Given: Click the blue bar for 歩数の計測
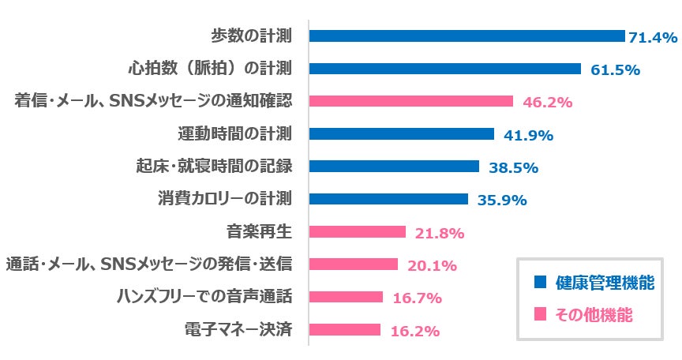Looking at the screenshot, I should point(467,36).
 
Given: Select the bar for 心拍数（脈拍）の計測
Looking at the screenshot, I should point(445,69).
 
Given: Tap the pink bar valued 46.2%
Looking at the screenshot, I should point(411,101).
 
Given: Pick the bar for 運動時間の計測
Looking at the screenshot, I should point(402,134).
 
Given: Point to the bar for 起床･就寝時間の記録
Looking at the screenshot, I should point(394,167).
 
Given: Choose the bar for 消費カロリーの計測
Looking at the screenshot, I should point(388,199).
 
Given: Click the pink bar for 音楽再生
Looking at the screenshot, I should point(357,232).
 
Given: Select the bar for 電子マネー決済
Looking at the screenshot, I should point(344,330).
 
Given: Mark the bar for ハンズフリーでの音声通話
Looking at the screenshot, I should point(346,298).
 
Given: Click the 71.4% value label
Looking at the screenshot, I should point(653,37).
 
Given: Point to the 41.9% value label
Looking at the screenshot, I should point(528,135).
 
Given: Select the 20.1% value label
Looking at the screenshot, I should point(432,265).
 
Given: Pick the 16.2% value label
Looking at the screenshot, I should point(414,331).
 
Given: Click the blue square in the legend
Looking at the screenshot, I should point(540,282).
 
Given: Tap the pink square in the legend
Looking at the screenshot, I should point(540,314).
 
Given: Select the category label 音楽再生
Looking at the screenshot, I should point(259,232).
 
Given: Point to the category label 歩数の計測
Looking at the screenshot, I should point(252,36).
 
